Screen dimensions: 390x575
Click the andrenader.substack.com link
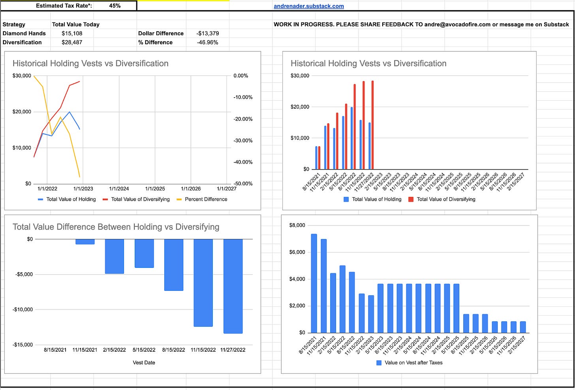[308, 6]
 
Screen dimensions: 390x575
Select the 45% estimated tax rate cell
[115, 6]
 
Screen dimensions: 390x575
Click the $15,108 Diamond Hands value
[72, 33]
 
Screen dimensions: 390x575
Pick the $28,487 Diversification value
[72, 42]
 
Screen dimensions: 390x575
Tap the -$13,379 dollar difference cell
[207, 33]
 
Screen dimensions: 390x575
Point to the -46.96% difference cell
[207, 42]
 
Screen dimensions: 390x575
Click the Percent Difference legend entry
[206, 199]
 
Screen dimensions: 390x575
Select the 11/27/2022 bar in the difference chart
[233, 286]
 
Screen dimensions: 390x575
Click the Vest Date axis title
[144, 362]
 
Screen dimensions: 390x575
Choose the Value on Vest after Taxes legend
[413, 362]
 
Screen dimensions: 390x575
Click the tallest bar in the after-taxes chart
[314, 283]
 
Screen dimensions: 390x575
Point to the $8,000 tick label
[297, 225]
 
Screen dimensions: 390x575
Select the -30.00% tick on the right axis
[243, 141]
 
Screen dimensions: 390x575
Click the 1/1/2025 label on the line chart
[155, 189]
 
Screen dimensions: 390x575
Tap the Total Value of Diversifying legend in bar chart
[445, 199]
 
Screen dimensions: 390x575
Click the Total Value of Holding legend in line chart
[71, 199]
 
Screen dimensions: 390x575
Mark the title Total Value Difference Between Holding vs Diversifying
[116, 227]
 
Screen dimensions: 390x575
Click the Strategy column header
[14, 24]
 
